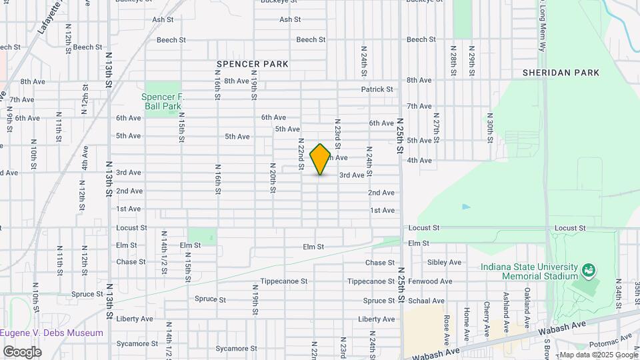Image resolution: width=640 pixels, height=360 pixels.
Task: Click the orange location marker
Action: (x=321, y=159)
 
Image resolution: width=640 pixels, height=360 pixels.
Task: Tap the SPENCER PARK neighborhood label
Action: (x=252, y=64)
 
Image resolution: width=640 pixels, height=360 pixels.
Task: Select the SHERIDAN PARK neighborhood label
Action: (x=561, y=73)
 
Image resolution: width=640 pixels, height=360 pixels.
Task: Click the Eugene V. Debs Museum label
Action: (x=52, y=333)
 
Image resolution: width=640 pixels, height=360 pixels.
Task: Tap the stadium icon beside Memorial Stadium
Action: (x=588, y=271)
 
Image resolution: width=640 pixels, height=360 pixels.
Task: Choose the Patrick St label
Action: (x=377, y=89)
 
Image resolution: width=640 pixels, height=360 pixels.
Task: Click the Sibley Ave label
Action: (x=445, y=263)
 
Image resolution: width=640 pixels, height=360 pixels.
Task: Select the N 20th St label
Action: (x=273, y=177)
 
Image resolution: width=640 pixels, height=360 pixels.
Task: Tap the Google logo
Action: (x=22, y=351)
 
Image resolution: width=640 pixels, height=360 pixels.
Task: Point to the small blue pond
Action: (x=465, y=207)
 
